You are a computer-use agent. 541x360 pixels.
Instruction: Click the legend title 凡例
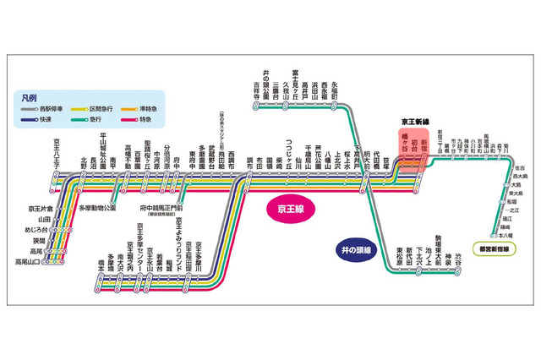coord(33,97)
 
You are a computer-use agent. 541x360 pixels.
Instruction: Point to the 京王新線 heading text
coord(415,123)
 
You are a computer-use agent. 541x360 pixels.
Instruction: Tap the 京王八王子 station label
coord(57,151)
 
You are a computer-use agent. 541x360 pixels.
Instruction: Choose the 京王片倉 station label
coord(38,207)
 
